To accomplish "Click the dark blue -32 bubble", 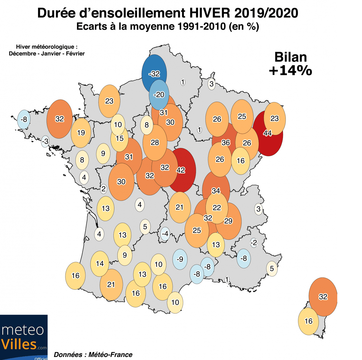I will (154, 73).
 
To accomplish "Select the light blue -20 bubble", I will (159, 95).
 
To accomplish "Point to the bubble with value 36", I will (225, 142).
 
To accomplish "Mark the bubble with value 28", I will (155, 142).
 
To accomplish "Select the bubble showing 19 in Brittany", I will (81, 133).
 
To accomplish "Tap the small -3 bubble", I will (45, 141).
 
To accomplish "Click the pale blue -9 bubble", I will (180, 259).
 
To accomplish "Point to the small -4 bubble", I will (165, 233).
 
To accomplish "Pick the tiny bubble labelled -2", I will (254, 243).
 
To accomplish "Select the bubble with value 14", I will (100, 263).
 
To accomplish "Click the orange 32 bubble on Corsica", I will (323, 297).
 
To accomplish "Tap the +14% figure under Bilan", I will (290, 70).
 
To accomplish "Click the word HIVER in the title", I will (210, 13).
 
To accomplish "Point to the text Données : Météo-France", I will (93, 355).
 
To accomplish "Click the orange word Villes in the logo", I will (19, 344).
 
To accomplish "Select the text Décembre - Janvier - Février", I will (47, 54).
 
